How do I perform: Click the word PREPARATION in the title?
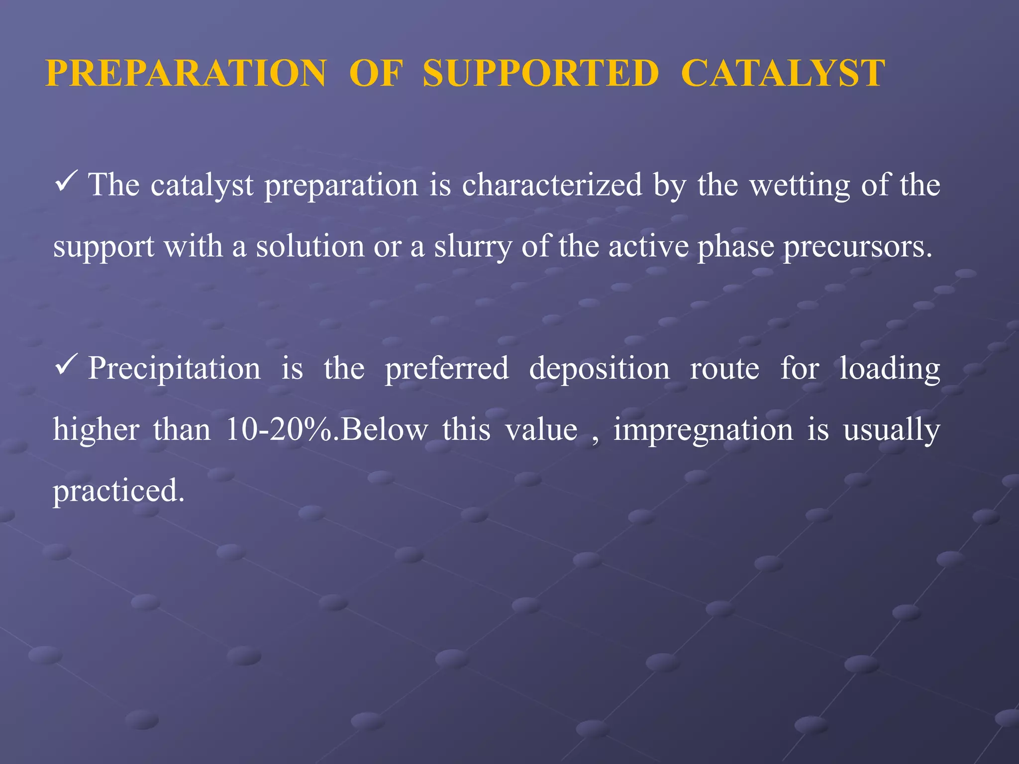186,74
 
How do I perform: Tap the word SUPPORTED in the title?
541,74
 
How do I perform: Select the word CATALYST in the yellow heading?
783,74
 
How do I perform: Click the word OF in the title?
376,74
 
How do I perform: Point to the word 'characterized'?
552,185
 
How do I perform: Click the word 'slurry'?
473,247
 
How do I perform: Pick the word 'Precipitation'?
174,369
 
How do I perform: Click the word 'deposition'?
599,369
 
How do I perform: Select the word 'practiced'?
118,491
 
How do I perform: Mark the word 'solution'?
310,246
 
